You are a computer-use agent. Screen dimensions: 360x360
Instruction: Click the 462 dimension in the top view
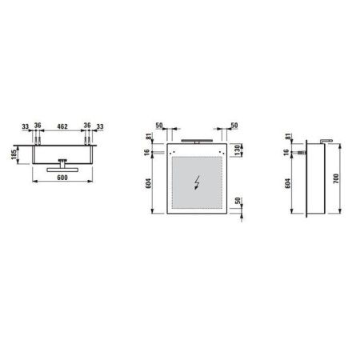click(62, 126)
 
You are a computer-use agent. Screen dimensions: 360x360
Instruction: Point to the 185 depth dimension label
click(14, 152)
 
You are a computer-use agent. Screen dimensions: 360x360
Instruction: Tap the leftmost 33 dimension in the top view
click(25, 126)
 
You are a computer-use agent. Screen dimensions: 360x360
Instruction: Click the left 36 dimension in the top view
click(37, 126)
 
